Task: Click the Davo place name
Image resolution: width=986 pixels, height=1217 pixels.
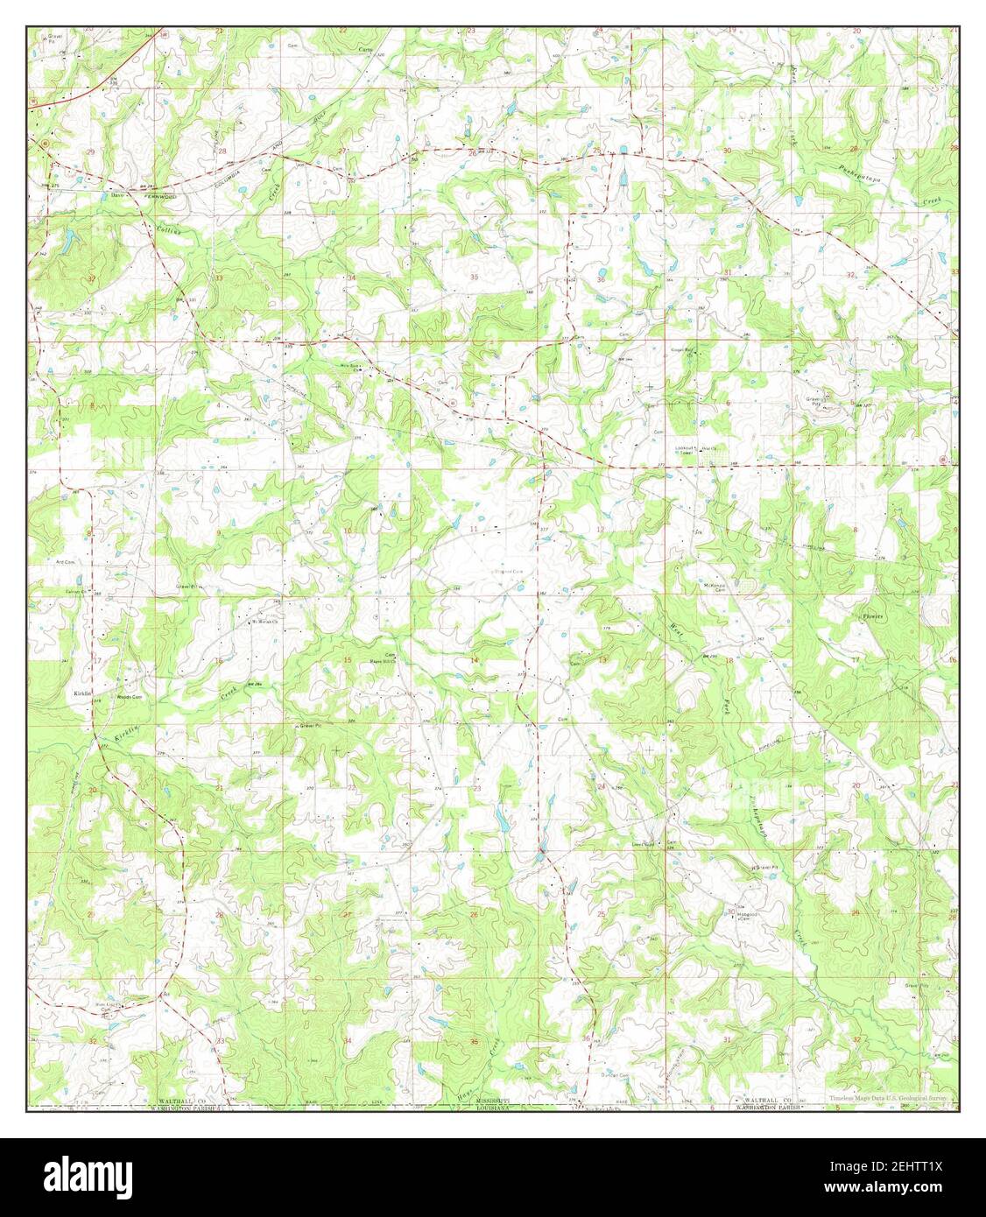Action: click(x=118, y=195)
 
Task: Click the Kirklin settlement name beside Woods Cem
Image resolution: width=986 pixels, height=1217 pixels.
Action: click(x=84, y=693)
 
